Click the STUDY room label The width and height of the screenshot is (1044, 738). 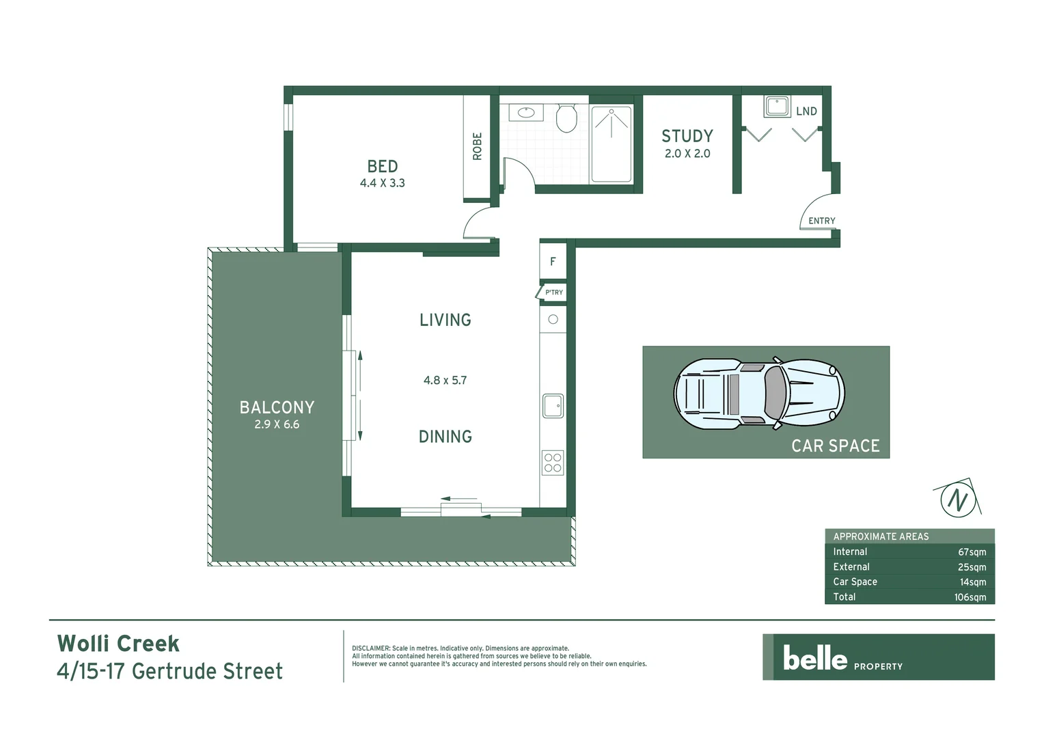[x=687, y=136]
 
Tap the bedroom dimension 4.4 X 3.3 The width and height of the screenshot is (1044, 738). [x=382, y=183]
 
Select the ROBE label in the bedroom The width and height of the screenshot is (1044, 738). [x=477, y=146]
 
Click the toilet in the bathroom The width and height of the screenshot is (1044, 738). [x=566, y=118]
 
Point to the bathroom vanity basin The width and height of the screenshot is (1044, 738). [x=526, y=112]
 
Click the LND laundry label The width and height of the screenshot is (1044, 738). [x=806, y=111]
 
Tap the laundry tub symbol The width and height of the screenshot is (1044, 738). [x=777, y=107]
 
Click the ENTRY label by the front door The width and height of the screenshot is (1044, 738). [x=821, y=221]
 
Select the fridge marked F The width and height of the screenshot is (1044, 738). [x=553, y=261]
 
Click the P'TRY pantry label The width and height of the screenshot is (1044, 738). [x=553, y=292]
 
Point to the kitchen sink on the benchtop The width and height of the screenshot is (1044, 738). [x=553, y=406]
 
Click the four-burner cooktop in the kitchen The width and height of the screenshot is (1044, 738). [x=553, y=463]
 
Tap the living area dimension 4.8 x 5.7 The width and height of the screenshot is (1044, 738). [x=445, y=381]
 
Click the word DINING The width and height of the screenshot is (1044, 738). [x=445, y=437]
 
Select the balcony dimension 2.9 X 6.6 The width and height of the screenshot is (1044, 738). [x=277, y=424]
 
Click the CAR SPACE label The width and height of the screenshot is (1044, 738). [x=835, y=446]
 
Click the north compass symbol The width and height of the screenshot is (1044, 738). [x=957, y=499]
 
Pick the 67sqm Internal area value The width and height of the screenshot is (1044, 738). [x=972, y=552]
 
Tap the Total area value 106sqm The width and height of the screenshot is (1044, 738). [x=970, y=597]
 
